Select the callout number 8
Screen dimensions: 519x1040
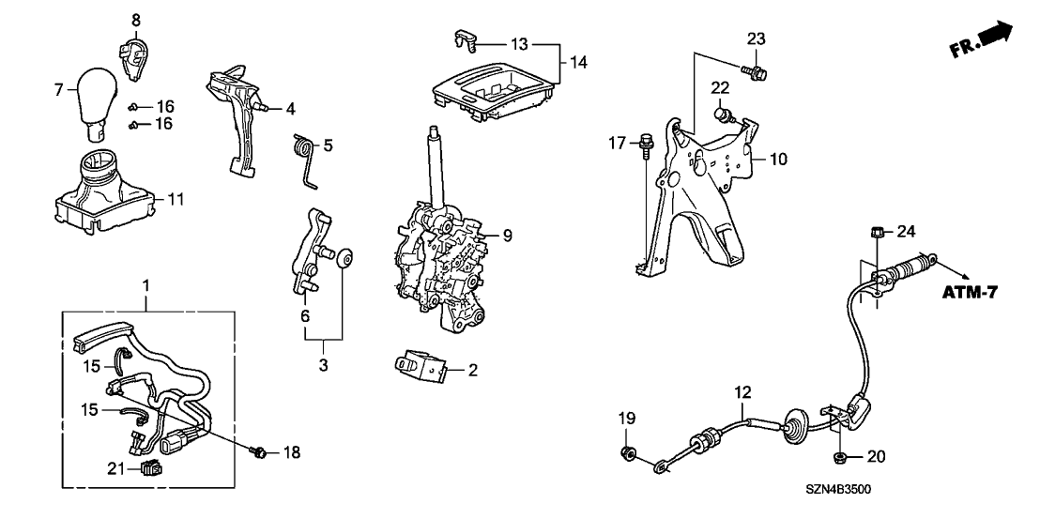tap(135, 20)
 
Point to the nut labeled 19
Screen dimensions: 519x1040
tap(627, 455)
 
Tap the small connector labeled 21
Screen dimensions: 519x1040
tap(148, 468)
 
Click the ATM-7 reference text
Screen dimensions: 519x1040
tap(969, 293)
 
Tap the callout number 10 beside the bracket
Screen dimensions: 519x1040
tap(779, 160)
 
